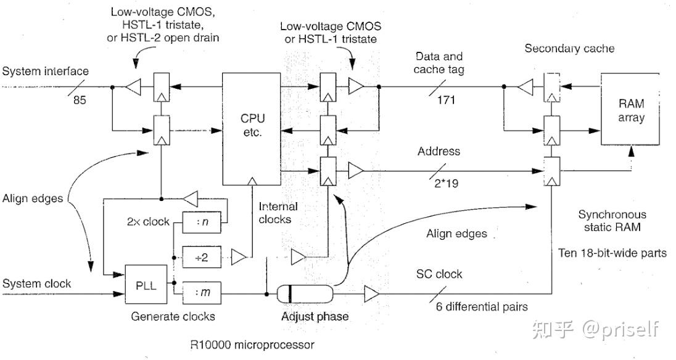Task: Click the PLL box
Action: click(x=146, y=285)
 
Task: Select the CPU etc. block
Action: click(x=252, y=128)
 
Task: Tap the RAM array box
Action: click(x=630, y=109)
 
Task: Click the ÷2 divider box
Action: click(x=202, y=257)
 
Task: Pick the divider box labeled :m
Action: click(x=202, y=292)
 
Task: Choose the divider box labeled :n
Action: click(x=202, y=222)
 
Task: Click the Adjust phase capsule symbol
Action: click(x=304, y=294)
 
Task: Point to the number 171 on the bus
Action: click(x=446, y=100)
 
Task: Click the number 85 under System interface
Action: click(x=80, y=100)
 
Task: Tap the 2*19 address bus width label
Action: click(x=446, y=184)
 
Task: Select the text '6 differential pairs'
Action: click(x=482, y=306)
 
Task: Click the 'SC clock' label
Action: click(x=439, y=274)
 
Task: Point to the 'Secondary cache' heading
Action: click(x=569, y=48)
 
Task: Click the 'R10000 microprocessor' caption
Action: click(x=252, y=345)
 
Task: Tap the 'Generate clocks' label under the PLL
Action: click(x=173, y=316)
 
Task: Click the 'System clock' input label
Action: click(x=36, y=284)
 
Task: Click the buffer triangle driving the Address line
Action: click(x=356, y=171)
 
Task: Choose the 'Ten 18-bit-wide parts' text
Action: click(x=612, y=253)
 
